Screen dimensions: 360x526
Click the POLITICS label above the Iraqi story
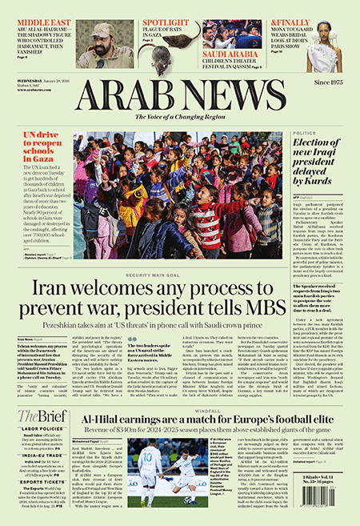(305, 133)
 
